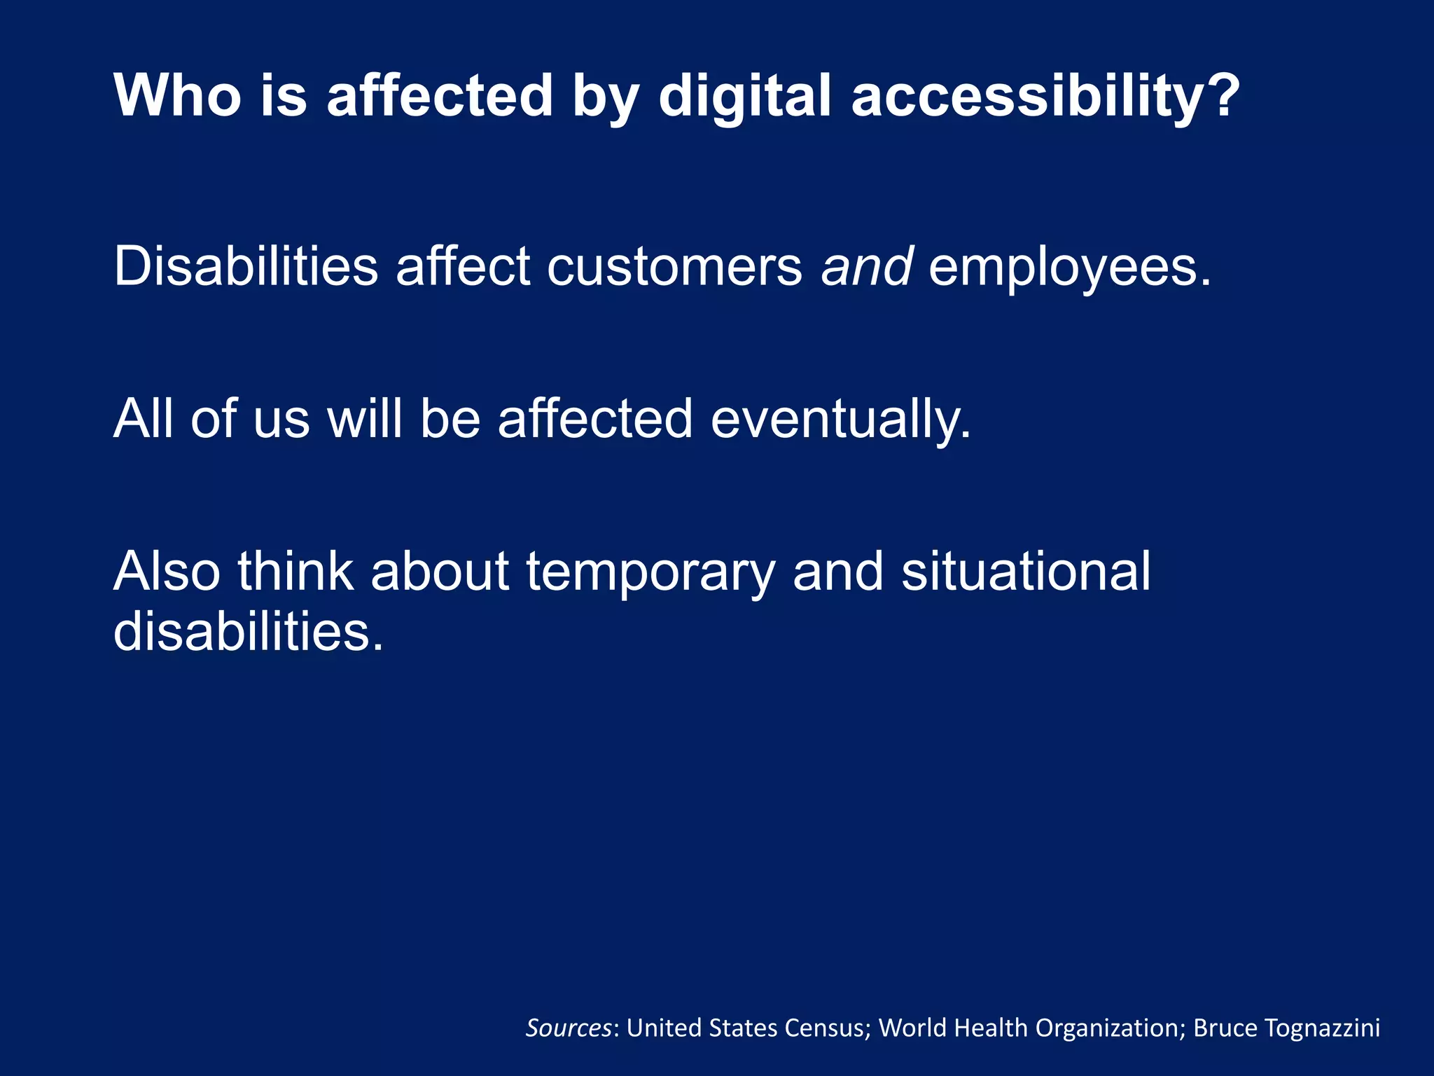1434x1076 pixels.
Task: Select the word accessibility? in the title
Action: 1045,97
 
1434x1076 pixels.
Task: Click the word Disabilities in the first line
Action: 246,266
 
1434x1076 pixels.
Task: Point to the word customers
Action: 674,268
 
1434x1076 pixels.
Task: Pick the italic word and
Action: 866,266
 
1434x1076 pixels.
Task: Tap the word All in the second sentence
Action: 143,419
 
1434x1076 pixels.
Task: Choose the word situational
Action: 1026,572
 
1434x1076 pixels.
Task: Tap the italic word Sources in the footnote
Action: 569,1028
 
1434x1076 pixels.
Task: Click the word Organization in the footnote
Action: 1110,1028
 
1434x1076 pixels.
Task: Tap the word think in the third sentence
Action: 295,572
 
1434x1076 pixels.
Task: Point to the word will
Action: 365,419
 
